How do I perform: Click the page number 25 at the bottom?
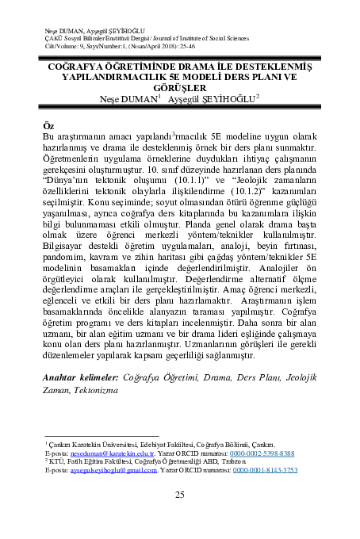pos(179,495)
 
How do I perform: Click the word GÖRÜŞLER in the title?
pos(179,90)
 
